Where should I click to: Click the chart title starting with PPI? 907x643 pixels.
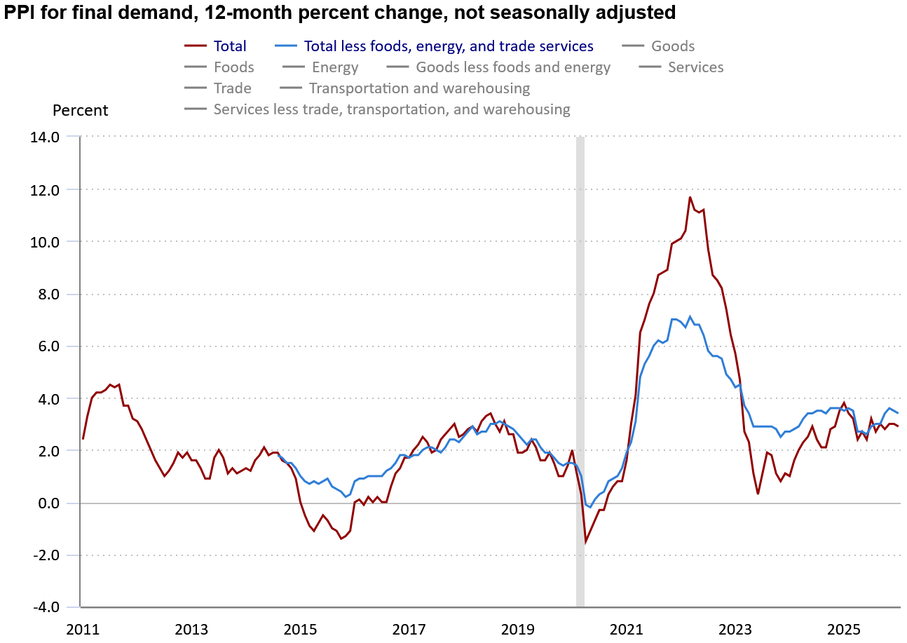pyautogui.click(x=339, y=13)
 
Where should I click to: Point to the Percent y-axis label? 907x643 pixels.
pyautogui.click(x=81, y=111)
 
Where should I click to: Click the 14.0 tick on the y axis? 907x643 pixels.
pyautogui.click(x=45, y=137)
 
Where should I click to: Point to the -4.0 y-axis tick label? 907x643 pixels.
pyautogui.click(x=46, y=607)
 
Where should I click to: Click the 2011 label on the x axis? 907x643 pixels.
pyautogui.click(x=82, y=628)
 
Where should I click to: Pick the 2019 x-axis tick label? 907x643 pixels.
pyautogui.click(x=517, y=628)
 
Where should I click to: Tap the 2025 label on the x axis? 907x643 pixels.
pyautogui.click(x=844, y=628)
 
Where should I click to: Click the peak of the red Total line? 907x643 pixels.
pyautogui.click(x=690, y=197)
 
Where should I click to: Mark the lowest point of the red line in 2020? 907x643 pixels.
pyautogui.click(x=585, y=542)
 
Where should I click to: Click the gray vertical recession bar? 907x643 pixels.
pyautogui.click(x=580, y=351)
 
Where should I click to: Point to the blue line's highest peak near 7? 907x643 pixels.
pyautogui.click(x=690, y=316)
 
